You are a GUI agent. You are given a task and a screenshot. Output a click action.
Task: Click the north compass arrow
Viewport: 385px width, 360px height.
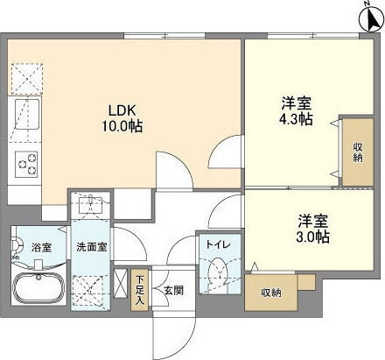[x=365, y=15]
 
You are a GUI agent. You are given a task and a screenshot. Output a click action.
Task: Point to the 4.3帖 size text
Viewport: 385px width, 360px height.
[x=294, y=120]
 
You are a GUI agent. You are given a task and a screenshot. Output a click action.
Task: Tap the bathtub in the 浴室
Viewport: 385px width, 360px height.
[x=38, y=287]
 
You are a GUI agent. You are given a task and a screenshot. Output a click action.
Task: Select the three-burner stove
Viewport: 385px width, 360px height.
[x=25, y=163]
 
